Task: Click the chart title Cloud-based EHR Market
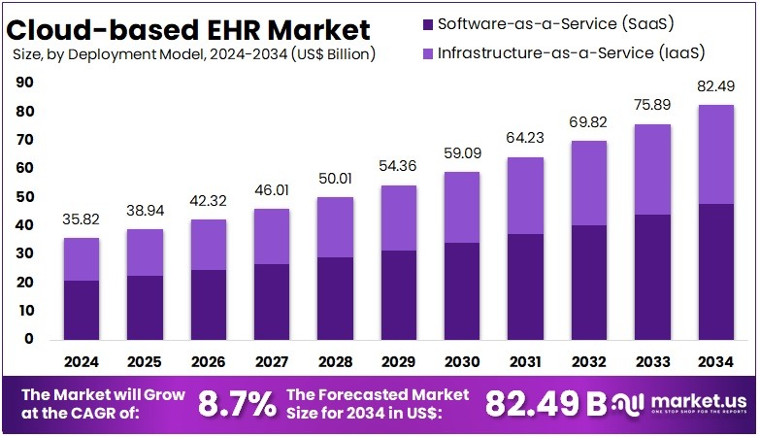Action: (192, 27)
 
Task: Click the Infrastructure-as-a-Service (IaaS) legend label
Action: (557, 51)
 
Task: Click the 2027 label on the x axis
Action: (272, 362)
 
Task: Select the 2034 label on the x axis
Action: (716, 362)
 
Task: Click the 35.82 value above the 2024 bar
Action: (82, 220)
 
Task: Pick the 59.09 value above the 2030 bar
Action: (462, 154)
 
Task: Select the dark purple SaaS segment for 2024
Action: (82, 310)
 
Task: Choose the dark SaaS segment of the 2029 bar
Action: (399, 295)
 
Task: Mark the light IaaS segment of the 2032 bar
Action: (589, 183)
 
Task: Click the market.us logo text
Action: (691, 399)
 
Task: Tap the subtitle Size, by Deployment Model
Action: (194, 55)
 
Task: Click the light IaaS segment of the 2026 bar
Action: (209, 245)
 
